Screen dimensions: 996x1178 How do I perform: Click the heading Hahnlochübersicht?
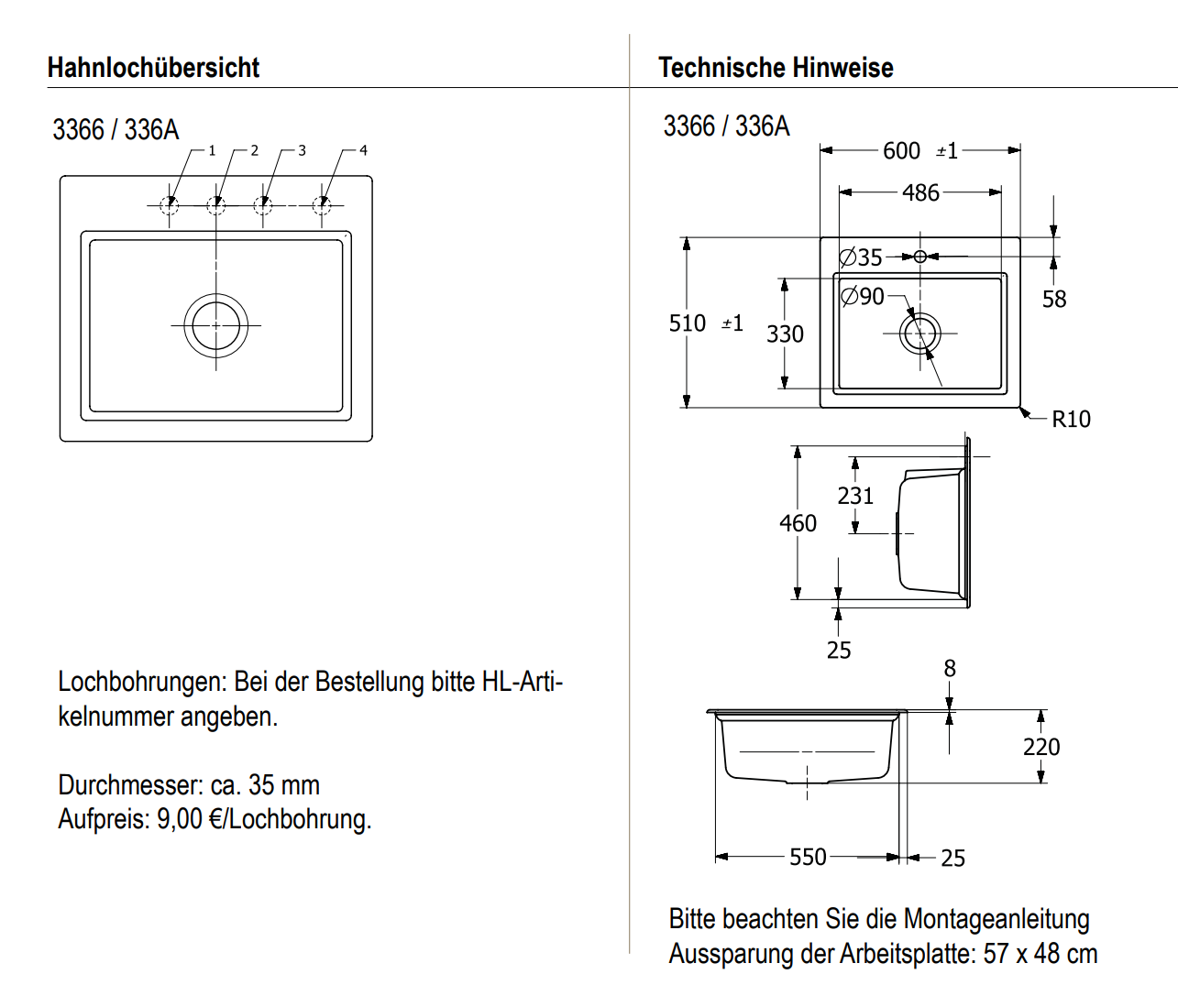[x=153, y=68]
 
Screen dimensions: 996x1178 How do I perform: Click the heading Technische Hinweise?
[x=776, y=68]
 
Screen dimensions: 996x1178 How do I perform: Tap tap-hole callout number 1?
[x=212, y=150]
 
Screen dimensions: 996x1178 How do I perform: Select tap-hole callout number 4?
[x=363, y=150]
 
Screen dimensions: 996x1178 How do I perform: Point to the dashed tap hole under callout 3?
[x=263, y=204]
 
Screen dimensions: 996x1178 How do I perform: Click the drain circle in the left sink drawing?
[x=216, y=325]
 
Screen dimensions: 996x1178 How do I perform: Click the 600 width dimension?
[x=901, y=150]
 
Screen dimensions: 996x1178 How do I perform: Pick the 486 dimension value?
[x=920, y=192]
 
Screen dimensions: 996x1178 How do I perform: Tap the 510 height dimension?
[x=688, y=323]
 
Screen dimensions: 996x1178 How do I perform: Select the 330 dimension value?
[x=785, y=334]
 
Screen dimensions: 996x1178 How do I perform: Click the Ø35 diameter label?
[x=861, y=257]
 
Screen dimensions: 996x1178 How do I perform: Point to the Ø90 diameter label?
[x=863, y=296]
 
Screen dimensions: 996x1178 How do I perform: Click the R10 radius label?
[x=1071, y=420]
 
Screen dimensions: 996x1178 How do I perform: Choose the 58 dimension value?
[x=1054, y=300]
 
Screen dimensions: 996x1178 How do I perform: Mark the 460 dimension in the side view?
[x=798, y=523]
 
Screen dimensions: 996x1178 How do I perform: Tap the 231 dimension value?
[x=855, y=496]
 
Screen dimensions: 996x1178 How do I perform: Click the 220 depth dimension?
[x=1041, y=747]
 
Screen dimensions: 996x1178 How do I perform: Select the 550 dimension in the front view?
[x=808, y=857]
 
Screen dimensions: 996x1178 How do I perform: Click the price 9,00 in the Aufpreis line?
[x=180, y=818]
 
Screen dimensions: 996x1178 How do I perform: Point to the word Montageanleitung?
[x=996, y=919]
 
